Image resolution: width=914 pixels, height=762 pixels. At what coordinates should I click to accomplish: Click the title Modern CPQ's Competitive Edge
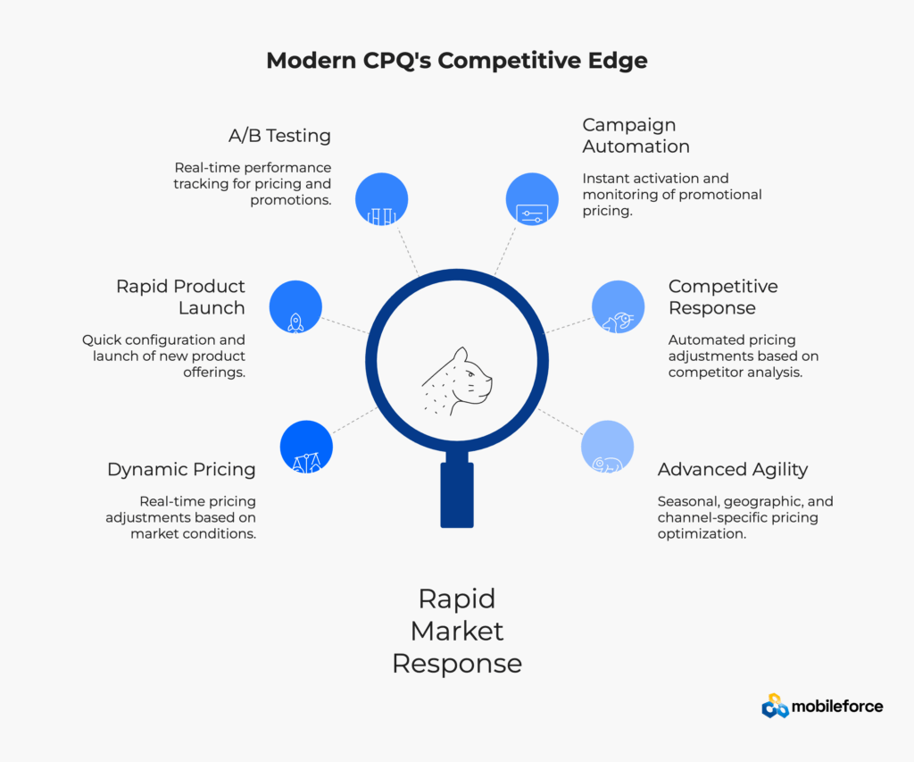457,61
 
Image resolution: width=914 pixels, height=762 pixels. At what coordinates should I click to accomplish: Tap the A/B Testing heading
279,136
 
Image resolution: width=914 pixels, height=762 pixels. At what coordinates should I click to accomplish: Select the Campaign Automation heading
636,136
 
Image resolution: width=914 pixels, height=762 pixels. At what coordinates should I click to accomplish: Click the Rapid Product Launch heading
180,297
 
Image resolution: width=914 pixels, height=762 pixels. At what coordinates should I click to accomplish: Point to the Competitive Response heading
723,297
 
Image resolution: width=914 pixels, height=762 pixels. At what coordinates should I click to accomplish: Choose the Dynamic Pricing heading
181,469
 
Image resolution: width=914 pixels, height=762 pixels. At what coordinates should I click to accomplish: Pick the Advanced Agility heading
733,469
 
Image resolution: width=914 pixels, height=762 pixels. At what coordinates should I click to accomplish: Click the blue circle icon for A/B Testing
381,199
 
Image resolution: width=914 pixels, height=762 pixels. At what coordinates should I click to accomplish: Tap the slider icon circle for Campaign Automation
532,199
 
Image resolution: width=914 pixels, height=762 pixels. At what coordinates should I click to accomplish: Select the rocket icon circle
295,307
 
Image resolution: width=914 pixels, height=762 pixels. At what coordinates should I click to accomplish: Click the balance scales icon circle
306,447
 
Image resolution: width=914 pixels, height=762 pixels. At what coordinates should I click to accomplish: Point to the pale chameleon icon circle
607,447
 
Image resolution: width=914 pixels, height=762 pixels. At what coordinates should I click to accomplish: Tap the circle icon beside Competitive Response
618,307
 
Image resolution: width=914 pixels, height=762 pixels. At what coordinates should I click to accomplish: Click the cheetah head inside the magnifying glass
457,380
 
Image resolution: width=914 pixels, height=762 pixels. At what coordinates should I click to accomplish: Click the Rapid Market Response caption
457,631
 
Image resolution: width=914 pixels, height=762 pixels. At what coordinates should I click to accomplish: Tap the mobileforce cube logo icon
775,707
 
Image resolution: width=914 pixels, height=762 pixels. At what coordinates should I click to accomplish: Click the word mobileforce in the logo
837,707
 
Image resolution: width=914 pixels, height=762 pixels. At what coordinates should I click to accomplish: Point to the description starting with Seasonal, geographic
745,517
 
